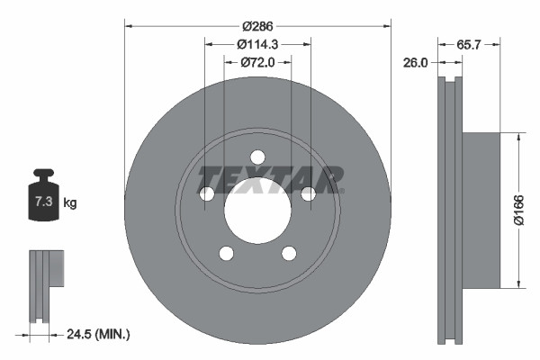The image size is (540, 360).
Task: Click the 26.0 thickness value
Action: (416, 62)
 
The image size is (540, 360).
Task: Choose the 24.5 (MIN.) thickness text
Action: (99, 335)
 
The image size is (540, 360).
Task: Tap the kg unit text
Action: (70, 203)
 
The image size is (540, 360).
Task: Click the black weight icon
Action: (43, 194)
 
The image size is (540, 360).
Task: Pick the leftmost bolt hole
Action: (206, 193)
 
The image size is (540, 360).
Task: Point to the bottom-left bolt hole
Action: (226, 253)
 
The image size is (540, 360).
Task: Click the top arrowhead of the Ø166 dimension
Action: (518, 138)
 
